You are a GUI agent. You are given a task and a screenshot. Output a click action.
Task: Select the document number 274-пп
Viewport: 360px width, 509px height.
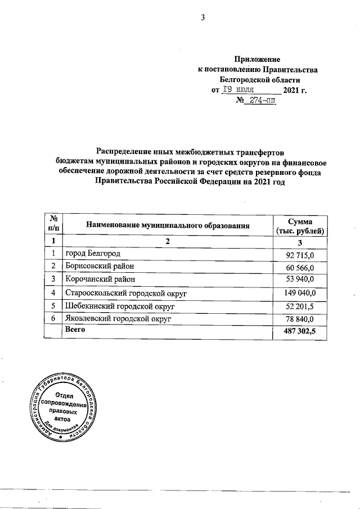point(260,101)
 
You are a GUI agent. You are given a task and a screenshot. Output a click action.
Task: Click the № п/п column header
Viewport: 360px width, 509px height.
point(53,226)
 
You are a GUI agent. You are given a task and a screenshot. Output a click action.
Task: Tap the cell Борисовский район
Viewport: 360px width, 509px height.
point(100,266)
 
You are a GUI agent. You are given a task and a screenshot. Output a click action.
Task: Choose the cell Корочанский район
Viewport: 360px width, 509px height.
point(101,279)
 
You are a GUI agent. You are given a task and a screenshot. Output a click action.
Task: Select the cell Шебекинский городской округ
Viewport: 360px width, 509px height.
point(121,306)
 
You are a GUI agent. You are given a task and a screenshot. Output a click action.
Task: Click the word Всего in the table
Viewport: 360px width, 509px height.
point(75,330)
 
